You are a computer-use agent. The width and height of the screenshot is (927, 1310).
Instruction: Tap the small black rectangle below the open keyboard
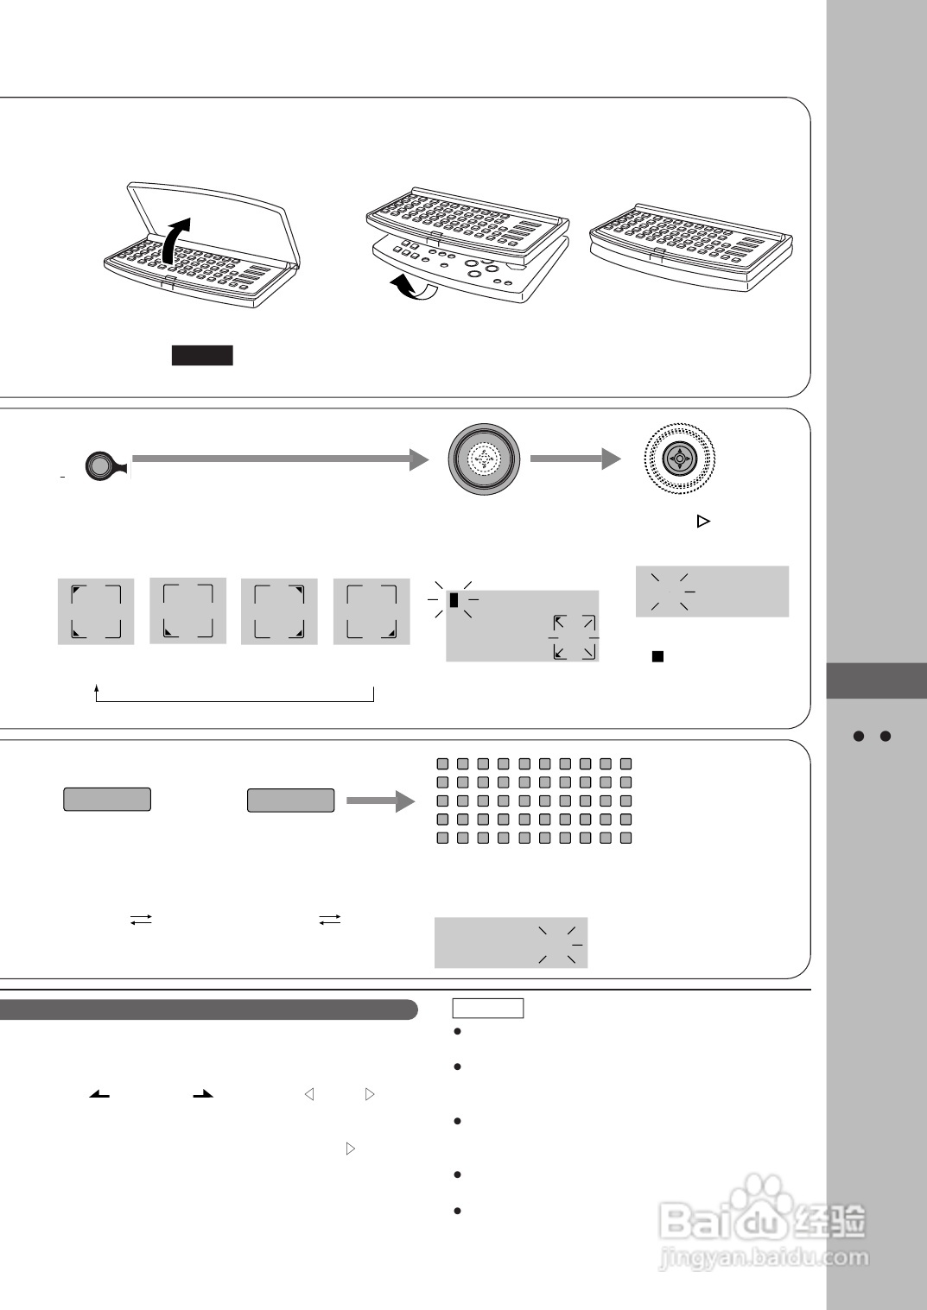click(202, 355)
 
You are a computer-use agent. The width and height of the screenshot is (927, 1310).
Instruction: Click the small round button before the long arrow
click(99, 466)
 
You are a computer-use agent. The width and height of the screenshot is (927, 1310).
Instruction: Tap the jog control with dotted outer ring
click(681, 459)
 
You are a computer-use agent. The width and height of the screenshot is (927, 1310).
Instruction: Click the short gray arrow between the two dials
click(575, 459)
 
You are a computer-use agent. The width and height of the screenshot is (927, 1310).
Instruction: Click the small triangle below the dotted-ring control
click(703, 522)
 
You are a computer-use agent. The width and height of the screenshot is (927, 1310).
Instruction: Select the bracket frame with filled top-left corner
click(96, 611)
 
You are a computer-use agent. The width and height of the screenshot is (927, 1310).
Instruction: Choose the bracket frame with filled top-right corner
click(279, 611)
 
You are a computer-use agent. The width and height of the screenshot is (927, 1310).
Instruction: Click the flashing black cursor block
click(454, 598)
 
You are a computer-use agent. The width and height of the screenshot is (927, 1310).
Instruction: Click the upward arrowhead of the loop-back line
click(97, 689)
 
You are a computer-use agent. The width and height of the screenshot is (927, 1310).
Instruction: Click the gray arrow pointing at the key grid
click(380, 801)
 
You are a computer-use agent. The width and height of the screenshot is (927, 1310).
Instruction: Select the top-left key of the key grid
click(443, 764)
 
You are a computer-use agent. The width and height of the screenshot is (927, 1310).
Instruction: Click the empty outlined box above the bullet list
click(488, 1009)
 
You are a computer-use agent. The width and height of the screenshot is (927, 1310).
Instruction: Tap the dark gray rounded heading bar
click(207, 1009)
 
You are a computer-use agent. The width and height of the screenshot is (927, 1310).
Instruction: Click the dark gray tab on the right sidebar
click(876, 680)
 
